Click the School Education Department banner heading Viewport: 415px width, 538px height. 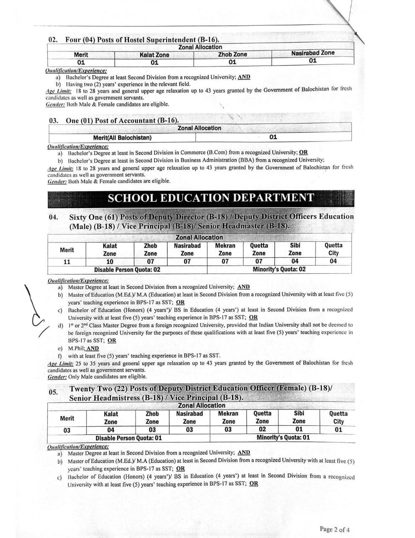click(211, 198)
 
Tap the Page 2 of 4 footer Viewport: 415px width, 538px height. click(334, 529)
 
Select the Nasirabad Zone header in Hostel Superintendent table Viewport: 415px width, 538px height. click(313, 53)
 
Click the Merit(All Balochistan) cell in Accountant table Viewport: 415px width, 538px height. click(123, 137)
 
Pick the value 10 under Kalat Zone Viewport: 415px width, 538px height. click(110, 261)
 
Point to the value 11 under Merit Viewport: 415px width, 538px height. click(67, 261)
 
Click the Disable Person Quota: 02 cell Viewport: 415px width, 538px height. click(127, 269)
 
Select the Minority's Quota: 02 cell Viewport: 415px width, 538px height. click(279, 269)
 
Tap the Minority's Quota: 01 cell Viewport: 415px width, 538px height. click(283, 437)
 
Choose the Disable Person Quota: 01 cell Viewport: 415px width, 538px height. click(128, 438)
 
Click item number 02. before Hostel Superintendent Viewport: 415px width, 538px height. click(53, 40)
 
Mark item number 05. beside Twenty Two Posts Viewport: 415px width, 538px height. click(53, 392)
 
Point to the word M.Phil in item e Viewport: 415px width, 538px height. click(76, 348)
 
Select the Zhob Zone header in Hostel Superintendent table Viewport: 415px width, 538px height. click(232, 54)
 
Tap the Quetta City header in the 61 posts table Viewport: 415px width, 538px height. click(333, 249)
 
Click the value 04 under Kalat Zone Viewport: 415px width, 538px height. click(111, 430)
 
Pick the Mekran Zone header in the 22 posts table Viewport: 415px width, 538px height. click(228, 417)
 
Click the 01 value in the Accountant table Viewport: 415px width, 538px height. click(273, 137)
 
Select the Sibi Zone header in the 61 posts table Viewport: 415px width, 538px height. click(295, 249)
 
